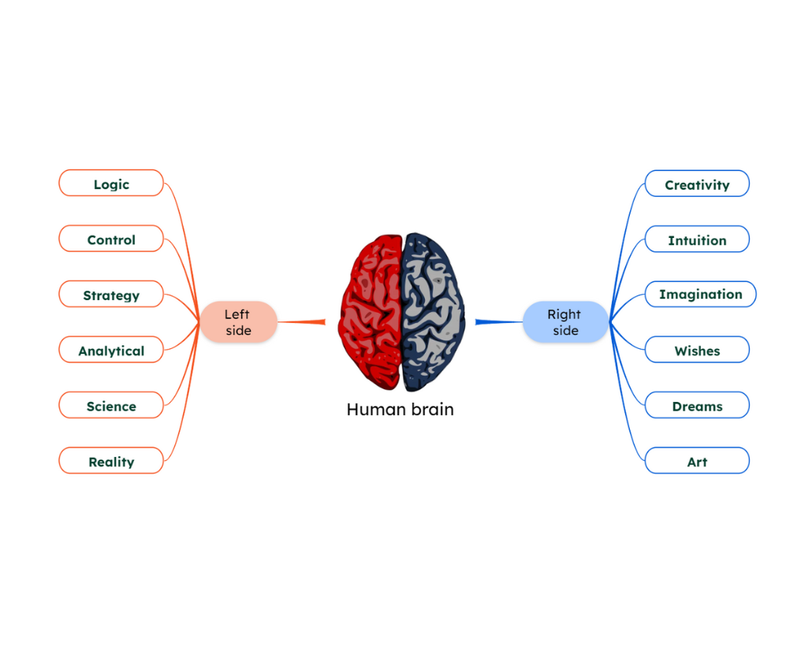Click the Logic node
coord(111,184)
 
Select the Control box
coord(111,239)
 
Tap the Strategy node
coord(111,295)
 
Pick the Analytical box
coord(111,350)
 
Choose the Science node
coord(111,406)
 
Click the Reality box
coord(111,461)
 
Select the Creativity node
coord(697,184)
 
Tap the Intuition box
coord(697,240)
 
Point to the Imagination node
coord(700,295)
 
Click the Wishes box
coord(697,350)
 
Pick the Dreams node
coord(697,406)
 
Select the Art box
coord(697,461)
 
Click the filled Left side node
coord(238,321)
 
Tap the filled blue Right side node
coord(565,321)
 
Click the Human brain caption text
coord(400,410)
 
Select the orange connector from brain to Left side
coord(301,321)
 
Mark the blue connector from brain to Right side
coord(499,321)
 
